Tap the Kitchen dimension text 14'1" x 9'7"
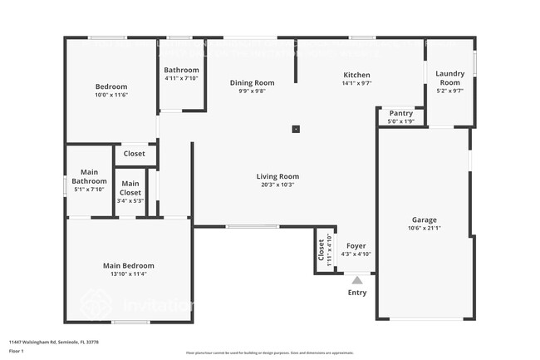pos(356,83)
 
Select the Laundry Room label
pos(449,77)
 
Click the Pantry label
pos(400,113)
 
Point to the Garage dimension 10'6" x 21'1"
pos(425,228)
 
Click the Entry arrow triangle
pos(357,280)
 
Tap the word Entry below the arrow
pos(357,292)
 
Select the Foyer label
pos(356,246)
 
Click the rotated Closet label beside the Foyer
pos(322,250)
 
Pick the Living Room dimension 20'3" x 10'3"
pos(277,185)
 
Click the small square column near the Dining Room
pos(296,129)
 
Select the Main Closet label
pos(130,188)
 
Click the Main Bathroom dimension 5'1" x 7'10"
pos(89,190)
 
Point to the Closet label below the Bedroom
pos(135,154)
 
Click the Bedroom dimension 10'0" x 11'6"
pos(110,95)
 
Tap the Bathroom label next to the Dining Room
pos(181,70)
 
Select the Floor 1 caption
pos(17,351)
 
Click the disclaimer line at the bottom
pos(270,353)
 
